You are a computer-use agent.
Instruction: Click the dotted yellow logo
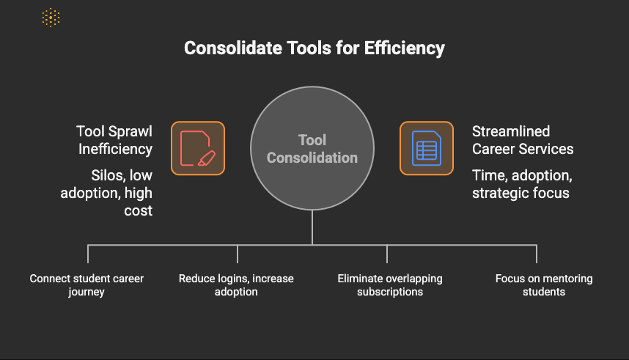[51, 18]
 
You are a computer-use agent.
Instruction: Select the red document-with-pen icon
[198, 148]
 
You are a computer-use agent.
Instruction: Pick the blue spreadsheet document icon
[427, 148]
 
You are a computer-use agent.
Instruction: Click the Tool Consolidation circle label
[312, 149]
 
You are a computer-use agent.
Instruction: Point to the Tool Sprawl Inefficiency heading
[114, 140]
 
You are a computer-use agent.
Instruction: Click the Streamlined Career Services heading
[523, 140]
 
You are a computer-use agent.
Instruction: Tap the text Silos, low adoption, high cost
[106, 193]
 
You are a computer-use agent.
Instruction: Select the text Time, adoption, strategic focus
[522, 184]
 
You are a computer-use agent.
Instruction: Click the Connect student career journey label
[87, 285]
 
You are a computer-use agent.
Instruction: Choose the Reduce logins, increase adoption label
[236, 285]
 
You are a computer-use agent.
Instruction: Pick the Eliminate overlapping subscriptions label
[390, 285]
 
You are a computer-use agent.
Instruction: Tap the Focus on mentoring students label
[544, 285]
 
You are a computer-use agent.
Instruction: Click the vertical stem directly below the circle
[312, 227]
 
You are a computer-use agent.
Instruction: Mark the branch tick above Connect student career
[88, 254]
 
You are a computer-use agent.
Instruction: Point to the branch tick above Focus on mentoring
[537, 254]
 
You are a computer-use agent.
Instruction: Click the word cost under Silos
[138, 210]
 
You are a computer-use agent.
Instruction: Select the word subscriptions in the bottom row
[390, 292]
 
